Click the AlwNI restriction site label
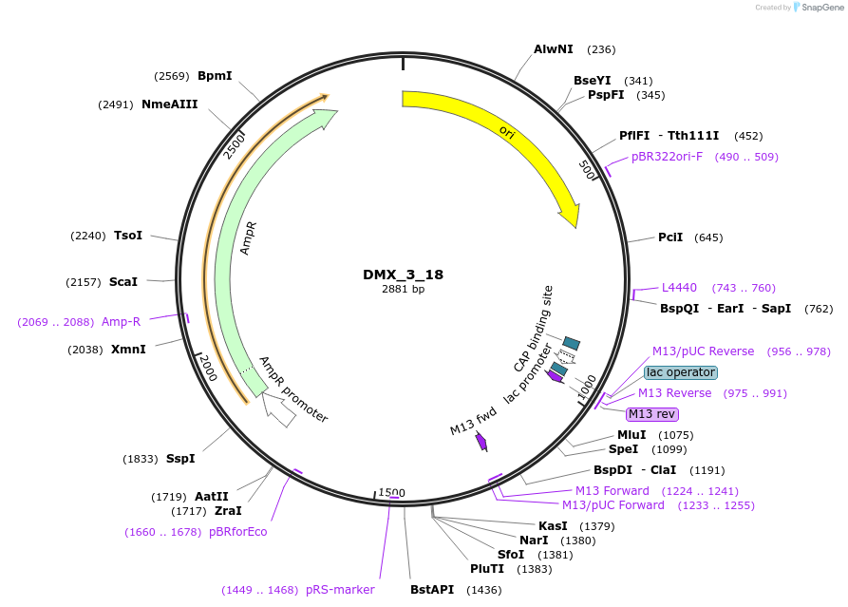pos(554,49)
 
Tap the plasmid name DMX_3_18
pos(403,275)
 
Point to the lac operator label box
pos(681,372)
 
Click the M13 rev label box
pos(651,414)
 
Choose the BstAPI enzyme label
pos(432,589)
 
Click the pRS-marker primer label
pos(340,590)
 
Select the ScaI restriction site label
pos(123,282)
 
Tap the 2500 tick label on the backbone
pos(235,146)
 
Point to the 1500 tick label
pos(391,492)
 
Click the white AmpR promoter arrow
pos(278,409)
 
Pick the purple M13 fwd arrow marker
pos(481,442)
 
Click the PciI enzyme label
pos(670,237)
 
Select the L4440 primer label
pos(679,287)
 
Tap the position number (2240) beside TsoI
pos(88,236)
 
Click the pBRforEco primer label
pos(238,532)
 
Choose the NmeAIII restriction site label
pos(170,104)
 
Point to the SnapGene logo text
pos(822,7)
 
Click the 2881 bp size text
pos(403,289)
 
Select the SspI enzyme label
pos(180,458)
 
